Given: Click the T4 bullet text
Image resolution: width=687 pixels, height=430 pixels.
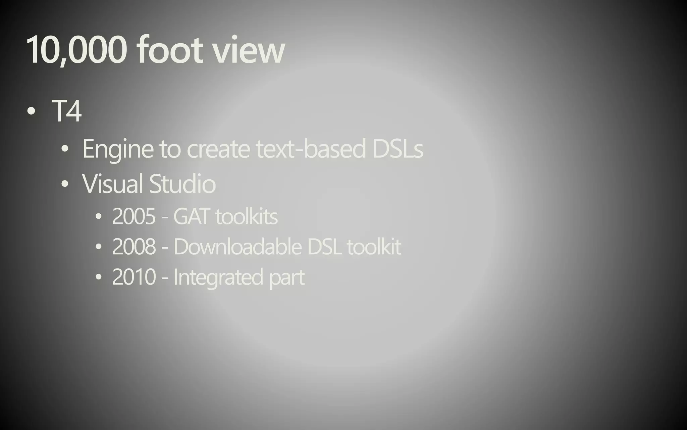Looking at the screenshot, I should [x=67, y=111].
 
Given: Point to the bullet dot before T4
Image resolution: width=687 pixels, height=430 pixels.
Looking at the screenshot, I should [x=31, y=111].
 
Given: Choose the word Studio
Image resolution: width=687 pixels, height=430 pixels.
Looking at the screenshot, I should [x=182, y=184].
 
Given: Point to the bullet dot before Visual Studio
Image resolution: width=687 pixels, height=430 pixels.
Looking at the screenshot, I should [x=65, y=184].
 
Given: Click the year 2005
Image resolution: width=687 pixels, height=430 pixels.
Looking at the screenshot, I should [x=134, y=216].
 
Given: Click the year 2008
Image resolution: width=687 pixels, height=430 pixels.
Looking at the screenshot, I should [x=134, y=246].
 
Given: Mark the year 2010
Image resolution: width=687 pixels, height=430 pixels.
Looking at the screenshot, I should [x=134, y=277].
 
